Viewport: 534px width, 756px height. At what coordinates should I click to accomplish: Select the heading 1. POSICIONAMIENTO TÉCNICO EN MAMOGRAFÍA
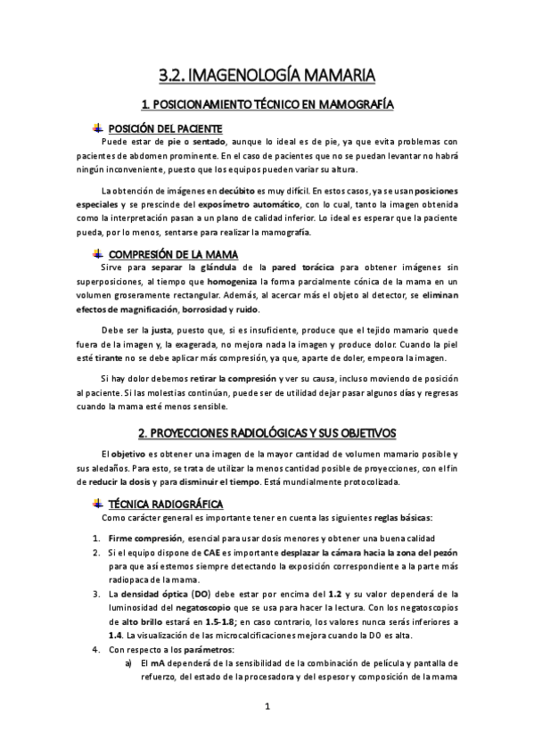[267, 105]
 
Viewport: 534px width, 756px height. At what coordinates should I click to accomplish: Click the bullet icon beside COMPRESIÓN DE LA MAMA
[98, 253]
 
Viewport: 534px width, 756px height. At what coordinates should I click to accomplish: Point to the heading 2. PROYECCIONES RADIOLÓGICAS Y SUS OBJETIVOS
[267, 433]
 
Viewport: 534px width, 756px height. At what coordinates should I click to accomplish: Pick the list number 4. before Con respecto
[96, 650]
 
